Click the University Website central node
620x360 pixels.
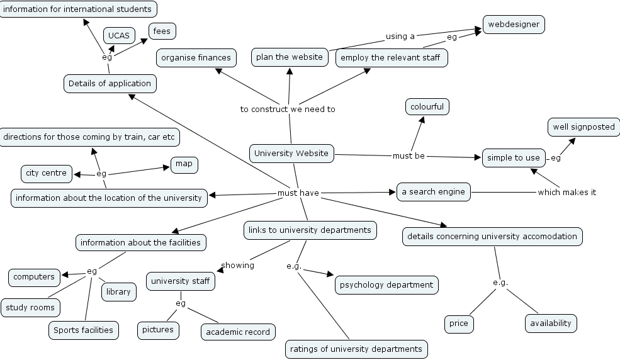click(x=291, y=153)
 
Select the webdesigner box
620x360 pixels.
click(x=513, y=25)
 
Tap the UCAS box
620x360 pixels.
click(x=118, y=36)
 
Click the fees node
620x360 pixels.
click(x=162, y=31)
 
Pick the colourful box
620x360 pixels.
click(x=427, y=107)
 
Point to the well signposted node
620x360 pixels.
click(x=583, y=127)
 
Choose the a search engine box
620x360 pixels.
click(x=434, y=192)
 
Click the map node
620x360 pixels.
click(x=184, y=164)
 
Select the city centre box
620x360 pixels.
click(x=46, y=173)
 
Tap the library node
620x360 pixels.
click(x=118, y=291)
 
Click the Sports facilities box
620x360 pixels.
click(x=83, y=330)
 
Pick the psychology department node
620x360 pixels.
click(x=386, y=285)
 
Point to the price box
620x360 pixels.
click(x=459, y=323)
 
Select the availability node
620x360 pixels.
click(x=551, y=323)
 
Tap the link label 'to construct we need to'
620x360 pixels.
click(x=288, y=110)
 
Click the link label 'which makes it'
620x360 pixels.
click(x=566, y=193)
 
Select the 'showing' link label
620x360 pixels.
click(x=238, y=266)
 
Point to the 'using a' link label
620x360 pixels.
click(x=400, y=37)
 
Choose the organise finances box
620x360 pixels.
click(x=196, y=58)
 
